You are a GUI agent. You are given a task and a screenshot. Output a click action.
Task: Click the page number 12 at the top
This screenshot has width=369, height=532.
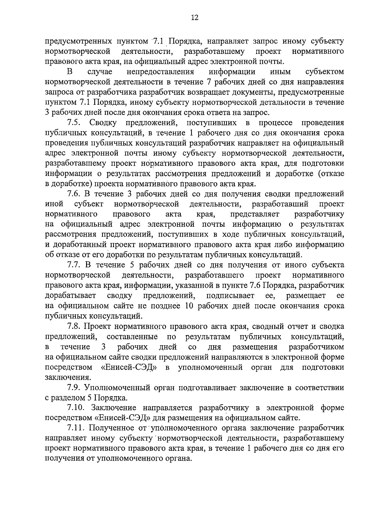pos(194,18)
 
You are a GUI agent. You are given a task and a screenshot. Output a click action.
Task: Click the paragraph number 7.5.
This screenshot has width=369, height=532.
pos(74,123)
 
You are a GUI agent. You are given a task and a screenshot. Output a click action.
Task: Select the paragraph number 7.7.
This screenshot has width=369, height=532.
pos(74,265)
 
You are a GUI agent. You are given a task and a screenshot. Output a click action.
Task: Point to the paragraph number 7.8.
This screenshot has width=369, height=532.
pos(74,326)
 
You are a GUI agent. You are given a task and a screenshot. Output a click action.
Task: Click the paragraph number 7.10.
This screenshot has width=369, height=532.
pos(76,408)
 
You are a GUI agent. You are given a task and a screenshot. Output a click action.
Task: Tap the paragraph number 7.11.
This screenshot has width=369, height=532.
pos(76,428)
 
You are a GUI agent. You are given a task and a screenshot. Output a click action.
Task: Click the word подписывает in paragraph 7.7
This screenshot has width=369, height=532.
pos(230,296)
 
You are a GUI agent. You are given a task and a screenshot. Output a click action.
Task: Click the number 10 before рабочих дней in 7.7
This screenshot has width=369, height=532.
pos(190,306)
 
